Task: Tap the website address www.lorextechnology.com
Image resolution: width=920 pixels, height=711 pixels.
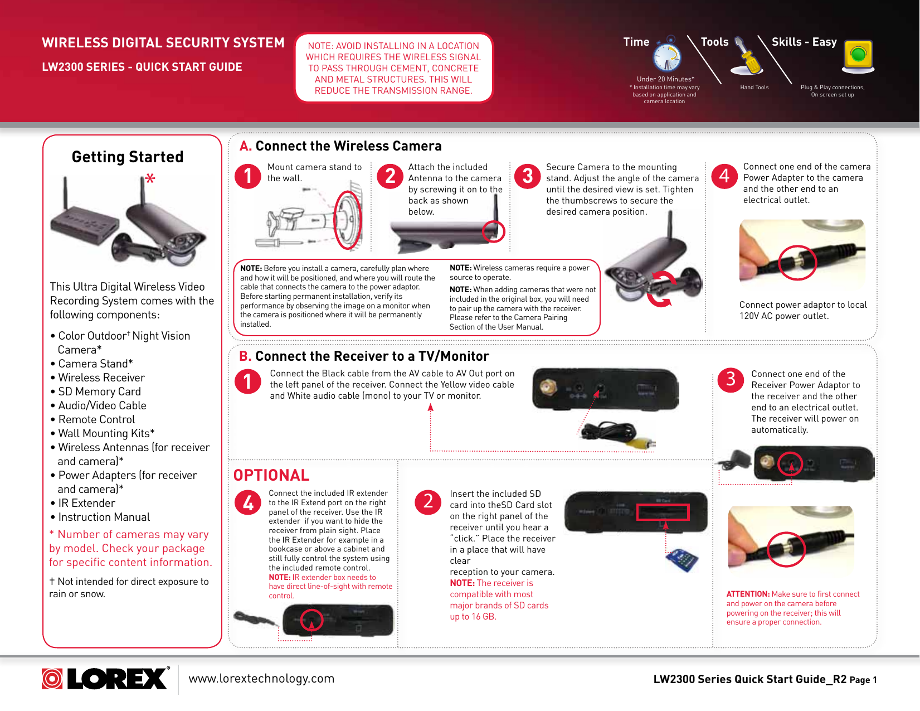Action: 261,679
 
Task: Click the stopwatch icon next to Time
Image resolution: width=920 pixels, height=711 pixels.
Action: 667,56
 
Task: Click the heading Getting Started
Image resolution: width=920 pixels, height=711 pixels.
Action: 128,157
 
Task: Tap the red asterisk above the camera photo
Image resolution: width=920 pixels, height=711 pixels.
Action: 150,179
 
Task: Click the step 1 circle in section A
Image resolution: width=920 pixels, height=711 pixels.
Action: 248,176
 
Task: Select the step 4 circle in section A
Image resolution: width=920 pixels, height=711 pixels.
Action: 724,176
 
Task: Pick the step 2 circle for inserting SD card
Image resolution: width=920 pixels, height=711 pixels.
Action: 428,501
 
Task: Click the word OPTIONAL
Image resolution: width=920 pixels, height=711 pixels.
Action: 271,475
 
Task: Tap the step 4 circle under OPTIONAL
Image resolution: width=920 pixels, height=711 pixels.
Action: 248,502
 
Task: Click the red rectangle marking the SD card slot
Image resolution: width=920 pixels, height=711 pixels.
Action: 663,512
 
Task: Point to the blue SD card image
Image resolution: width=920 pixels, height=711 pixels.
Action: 682,559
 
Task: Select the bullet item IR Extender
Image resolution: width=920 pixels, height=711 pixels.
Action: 86,503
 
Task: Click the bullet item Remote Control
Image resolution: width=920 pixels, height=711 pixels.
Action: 96,419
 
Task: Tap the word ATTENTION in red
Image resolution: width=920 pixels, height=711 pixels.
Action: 748,594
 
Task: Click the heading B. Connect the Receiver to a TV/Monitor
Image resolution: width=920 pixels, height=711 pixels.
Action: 364,356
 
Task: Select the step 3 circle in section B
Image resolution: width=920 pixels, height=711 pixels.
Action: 731,380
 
